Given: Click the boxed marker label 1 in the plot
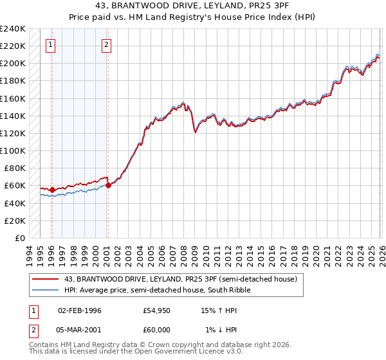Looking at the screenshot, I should tap(51, 45).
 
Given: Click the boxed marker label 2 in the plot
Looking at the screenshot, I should tap(107, 45).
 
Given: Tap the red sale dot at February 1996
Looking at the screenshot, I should tap(52, 190).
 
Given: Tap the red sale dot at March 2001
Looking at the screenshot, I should tap(108, 185).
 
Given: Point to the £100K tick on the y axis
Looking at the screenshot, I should tap(12, 150).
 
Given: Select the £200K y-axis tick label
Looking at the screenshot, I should tap(12, 63).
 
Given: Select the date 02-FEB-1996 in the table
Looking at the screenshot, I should tap(80, 310).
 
